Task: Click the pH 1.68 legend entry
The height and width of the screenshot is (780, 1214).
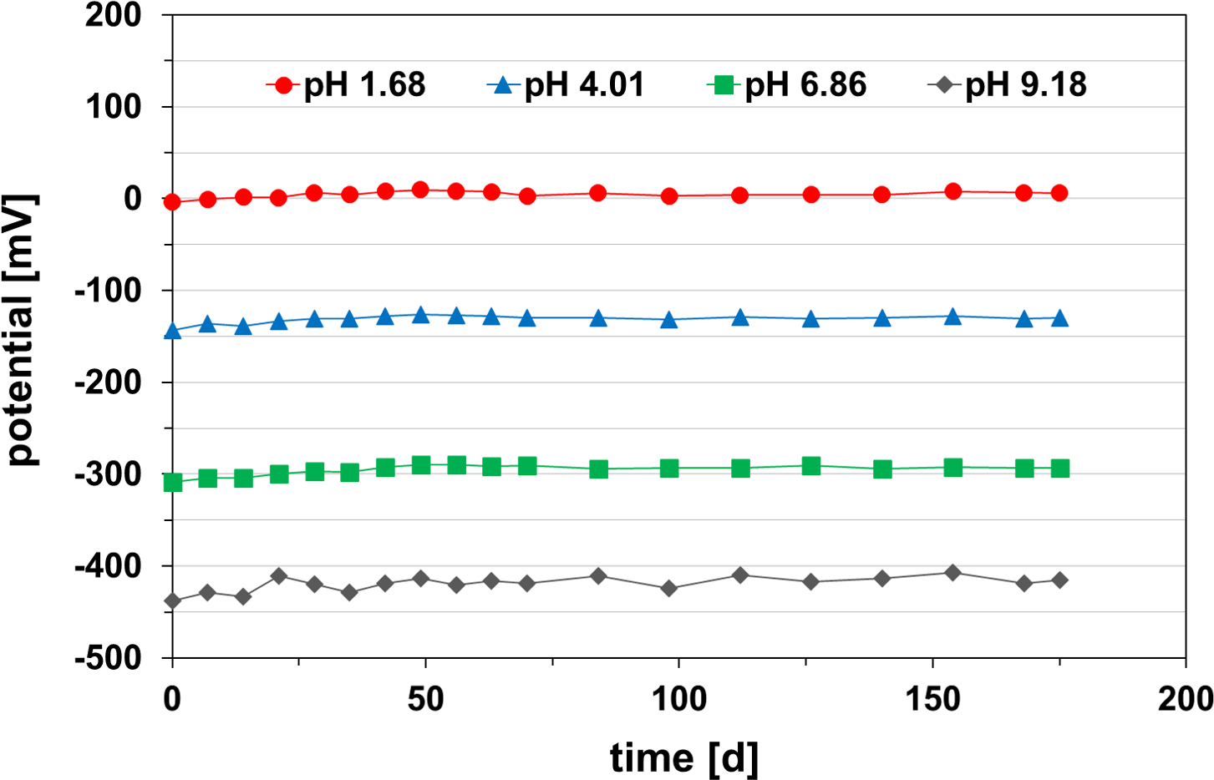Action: [346, 85]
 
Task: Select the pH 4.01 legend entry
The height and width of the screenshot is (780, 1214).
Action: [566, 85]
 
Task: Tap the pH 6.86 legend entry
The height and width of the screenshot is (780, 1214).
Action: [787, 85]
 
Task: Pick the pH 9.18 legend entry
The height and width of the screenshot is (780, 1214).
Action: [1008, 85]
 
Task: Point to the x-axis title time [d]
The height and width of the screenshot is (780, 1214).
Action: [684, 758]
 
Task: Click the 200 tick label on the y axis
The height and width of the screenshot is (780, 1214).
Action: [113, 15]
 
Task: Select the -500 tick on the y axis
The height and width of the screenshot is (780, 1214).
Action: [109, 658]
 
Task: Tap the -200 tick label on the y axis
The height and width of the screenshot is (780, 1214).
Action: [109, 382]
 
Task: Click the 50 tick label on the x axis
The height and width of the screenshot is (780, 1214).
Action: [425, 699]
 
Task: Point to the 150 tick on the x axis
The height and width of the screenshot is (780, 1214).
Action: [932, 699]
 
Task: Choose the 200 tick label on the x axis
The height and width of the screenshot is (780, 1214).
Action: [1186, 699]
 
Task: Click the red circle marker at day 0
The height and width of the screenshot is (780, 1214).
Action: [172, 201]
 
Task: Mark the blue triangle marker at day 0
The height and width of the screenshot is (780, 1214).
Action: [172, 332]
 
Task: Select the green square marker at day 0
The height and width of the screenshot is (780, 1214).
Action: [172, 482]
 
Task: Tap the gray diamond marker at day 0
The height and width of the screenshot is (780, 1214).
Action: [172, 600]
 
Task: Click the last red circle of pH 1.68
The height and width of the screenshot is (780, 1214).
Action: [1059, 193]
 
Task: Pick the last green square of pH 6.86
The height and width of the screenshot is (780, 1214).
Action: [1059, 469]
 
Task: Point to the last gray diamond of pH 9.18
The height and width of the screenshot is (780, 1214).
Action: [1059, 580]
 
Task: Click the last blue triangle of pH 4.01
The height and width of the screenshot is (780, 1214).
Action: [1059, 318]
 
